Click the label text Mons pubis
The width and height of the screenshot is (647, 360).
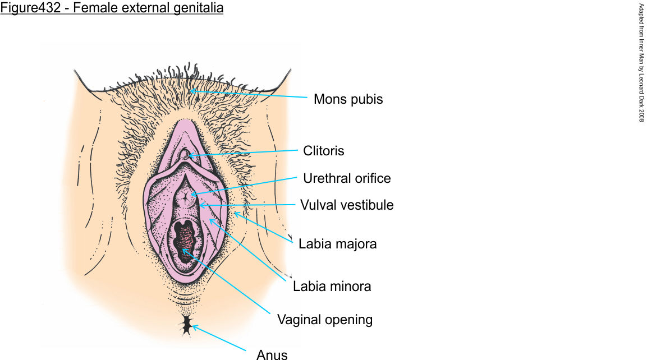click(348, 99)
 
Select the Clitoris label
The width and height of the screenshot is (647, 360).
click(324, 150)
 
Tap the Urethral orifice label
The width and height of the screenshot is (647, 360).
click(347, 178)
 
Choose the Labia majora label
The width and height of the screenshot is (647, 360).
click(337, 244)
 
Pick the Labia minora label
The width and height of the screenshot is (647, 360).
click(332, 286)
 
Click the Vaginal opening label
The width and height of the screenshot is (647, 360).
click(325, 320)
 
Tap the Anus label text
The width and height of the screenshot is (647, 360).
click(272, 354)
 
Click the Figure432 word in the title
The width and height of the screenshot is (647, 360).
click(28, 8)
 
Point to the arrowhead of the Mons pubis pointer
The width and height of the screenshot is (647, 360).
click(191, 90)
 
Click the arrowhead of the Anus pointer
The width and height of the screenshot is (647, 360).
click(192, 326)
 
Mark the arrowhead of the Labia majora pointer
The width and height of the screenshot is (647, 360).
click(235, 213)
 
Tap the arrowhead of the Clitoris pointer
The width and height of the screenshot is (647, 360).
click(189, 155)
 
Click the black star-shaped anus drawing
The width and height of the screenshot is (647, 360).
click(186, 325)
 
